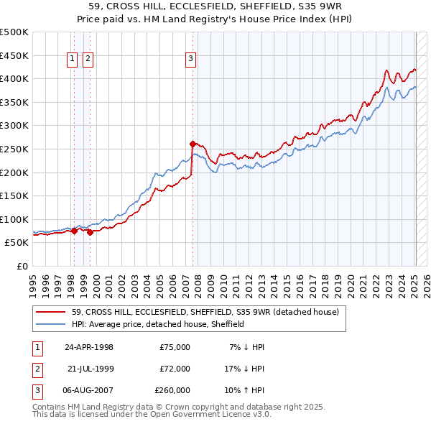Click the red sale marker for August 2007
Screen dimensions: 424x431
click(x=193, y=144)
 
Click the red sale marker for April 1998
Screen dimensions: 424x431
click(x=74, y=231)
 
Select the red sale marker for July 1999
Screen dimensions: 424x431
click(x=90, y=232)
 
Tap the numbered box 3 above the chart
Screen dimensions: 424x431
click(x=191, y=60)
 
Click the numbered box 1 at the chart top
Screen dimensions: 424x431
click(x=73, y=60)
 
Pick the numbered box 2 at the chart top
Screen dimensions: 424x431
click(x=88, y=60)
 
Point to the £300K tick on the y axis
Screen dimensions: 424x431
click(x=14, y=126)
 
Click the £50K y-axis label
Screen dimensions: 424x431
click(x=17, y=243)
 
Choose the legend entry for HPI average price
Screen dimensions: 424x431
click(x=158, y=324)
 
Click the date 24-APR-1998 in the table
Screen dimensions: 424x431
click(x=89, y=347)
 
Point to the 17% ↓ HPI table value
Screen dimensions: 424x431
click(x=245, y=369)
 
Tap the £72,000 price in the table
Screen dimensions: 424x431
click(x=175, y=369)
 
